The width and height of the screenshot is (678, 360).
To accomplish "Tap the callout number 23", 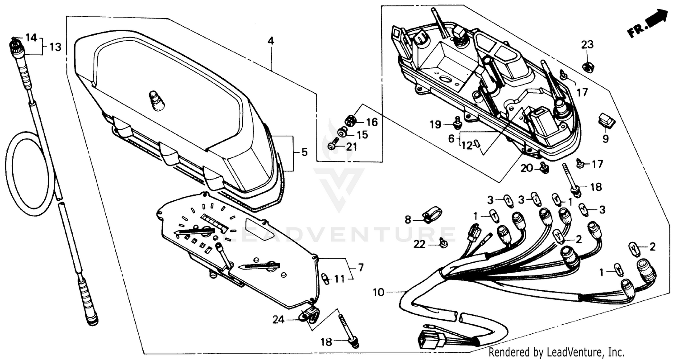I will (x=587, y=45).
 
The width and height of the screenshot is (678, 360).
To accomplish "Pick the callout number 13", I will (x=55, y=47).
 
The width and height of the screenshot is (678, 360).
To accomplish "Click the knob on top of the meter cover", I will (x=156, y=100).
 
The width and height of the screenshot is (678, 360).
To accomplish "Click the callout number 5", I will (x=304, y=152).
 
